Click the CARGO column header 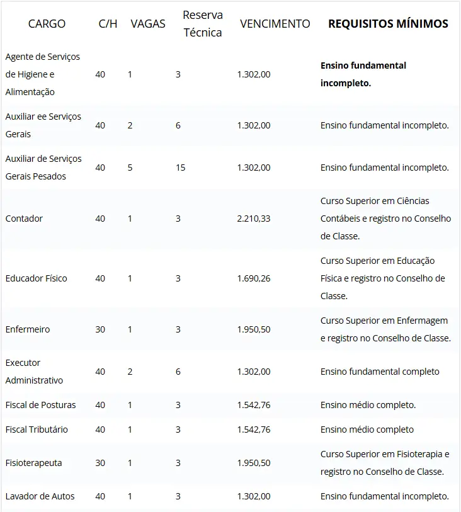(47, 24)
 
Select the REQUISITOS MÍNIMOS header (388, 24)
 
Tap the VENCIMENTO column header (275, 24)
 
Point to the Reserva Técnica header (202, 24)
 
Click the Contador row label (24, 219)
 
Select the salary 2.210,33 (254, 219)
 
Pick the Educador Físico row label (36, 278)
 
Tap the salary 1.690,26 (254, 278)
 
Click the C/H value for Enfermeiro (100, 329)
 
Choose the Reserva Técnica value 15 (180, 168)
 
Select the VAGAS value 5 (130, 168)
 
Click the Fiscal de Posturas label (40, 405)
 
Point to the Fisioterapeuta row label (33, 463)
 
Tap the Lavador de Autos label (40, 496)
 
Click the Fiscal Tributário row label (37, 430)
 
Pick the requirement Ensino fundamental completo (380, 372)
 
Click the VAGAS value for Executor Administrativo (130, 372)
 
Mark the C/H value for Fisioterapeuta (100, 463)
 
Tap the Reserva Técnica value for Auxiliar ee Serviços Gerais (178, 125)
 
